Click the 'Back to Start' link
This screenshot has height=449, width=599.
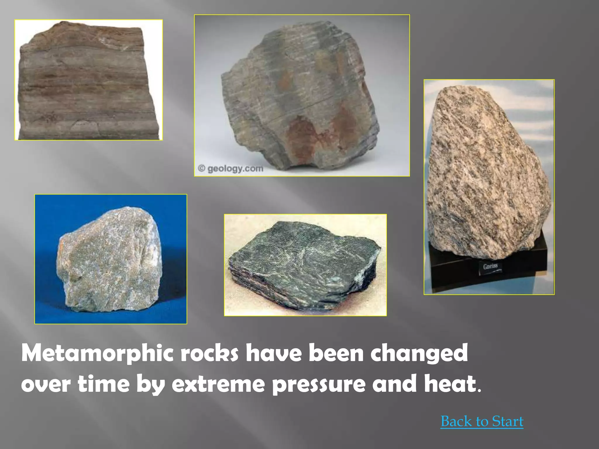click(482, 422)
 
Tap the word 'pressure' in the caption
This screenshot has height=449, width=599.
click(319, 385)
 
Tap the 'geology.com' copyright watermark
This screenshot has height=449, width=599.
click(231, 169)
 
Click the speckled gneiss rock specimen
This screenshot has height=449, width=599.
click(486, 175)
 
